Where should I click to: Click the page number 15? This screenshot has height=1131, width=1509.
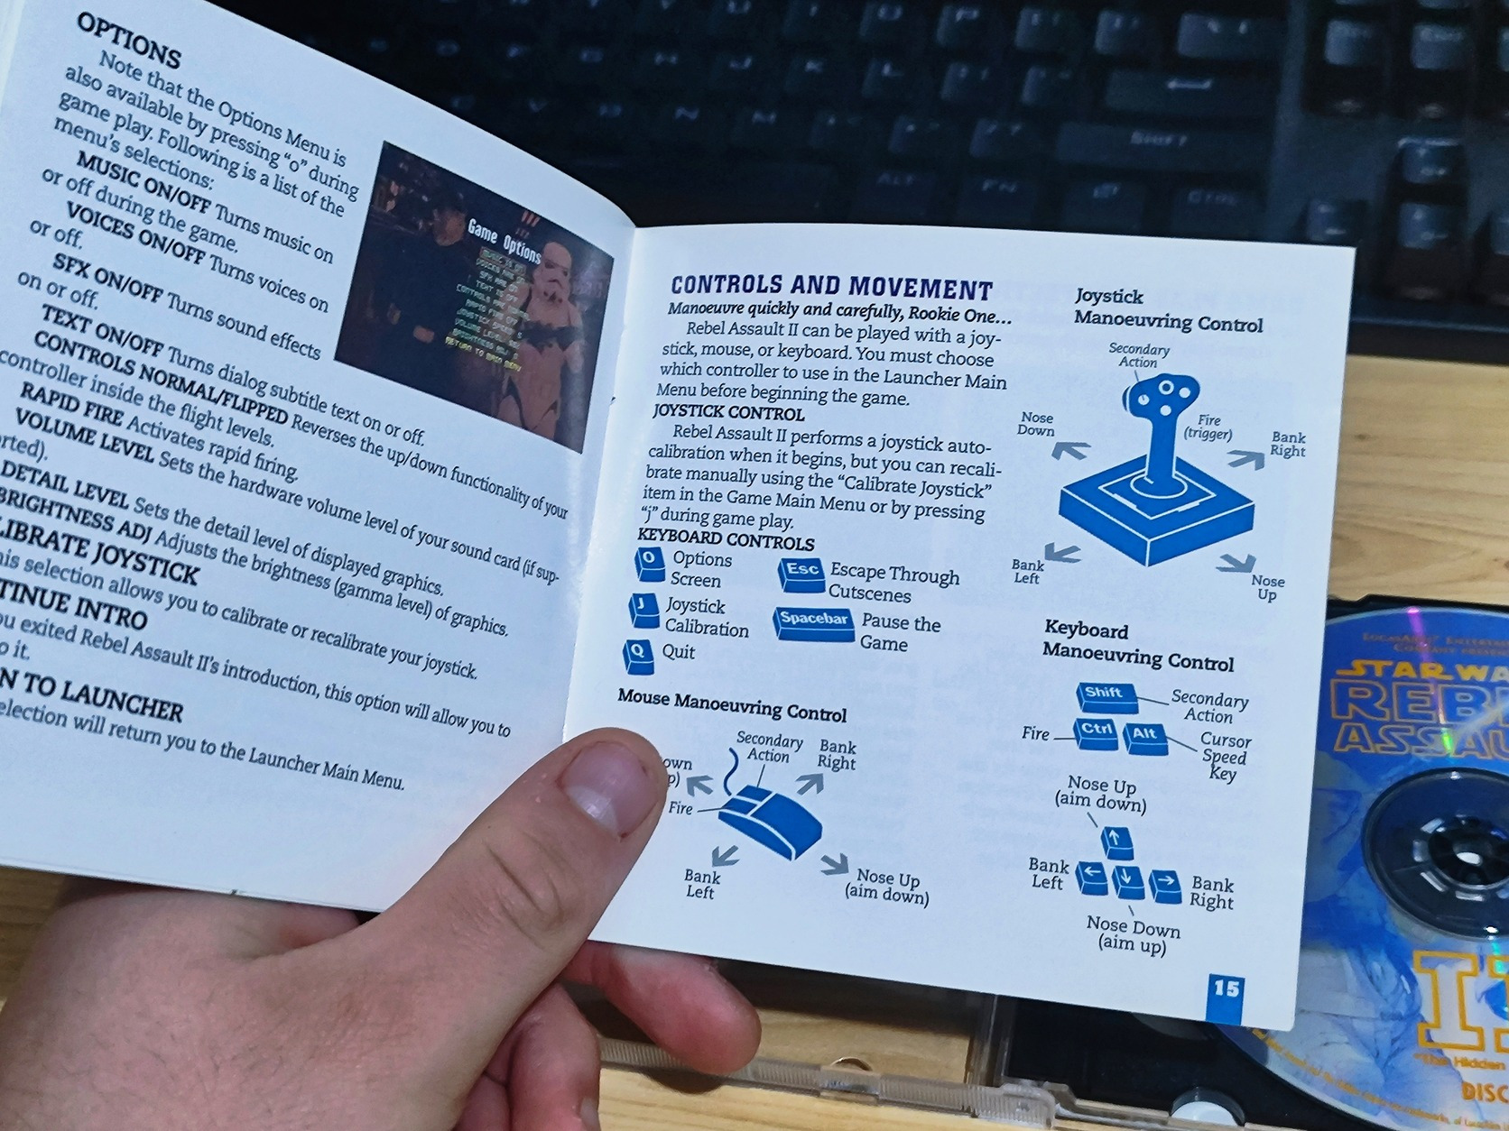coord(1226,989)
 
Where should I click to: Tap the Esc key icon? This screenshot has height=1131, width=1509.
coord(801,573)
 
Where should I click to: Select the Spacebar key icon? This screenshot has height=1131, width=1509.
coord(813,622)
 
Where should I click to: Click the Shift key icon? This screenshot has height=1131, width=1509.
coord(1104,695)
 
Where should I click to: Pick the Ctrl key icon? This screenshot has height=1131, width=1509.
coord(1097,731)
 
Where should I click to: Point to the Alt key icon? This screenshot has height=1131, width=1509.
coord(1144,736)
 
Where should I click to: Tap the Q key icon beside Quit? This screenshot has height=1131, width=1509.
coord(638,654)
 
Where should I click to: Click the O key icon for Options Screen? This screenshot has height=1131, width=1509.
coord(649,563)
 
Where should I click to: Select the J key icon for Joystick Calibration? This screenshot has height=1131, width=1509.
coord(643,609)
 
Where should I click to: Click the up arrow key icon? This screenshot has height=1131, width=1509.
coord(1116,841)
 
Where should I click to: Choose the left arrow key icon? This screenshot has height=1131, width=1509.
coord(1092,876)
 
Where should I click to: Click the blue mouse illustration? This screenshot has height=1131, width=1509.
coord(771,818)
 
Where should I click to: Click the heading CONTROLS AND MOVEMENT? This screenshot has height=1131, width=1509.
coord(831,288)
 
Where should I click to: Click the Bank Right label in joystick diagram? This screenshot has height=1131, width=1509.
coord(1288,444)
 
